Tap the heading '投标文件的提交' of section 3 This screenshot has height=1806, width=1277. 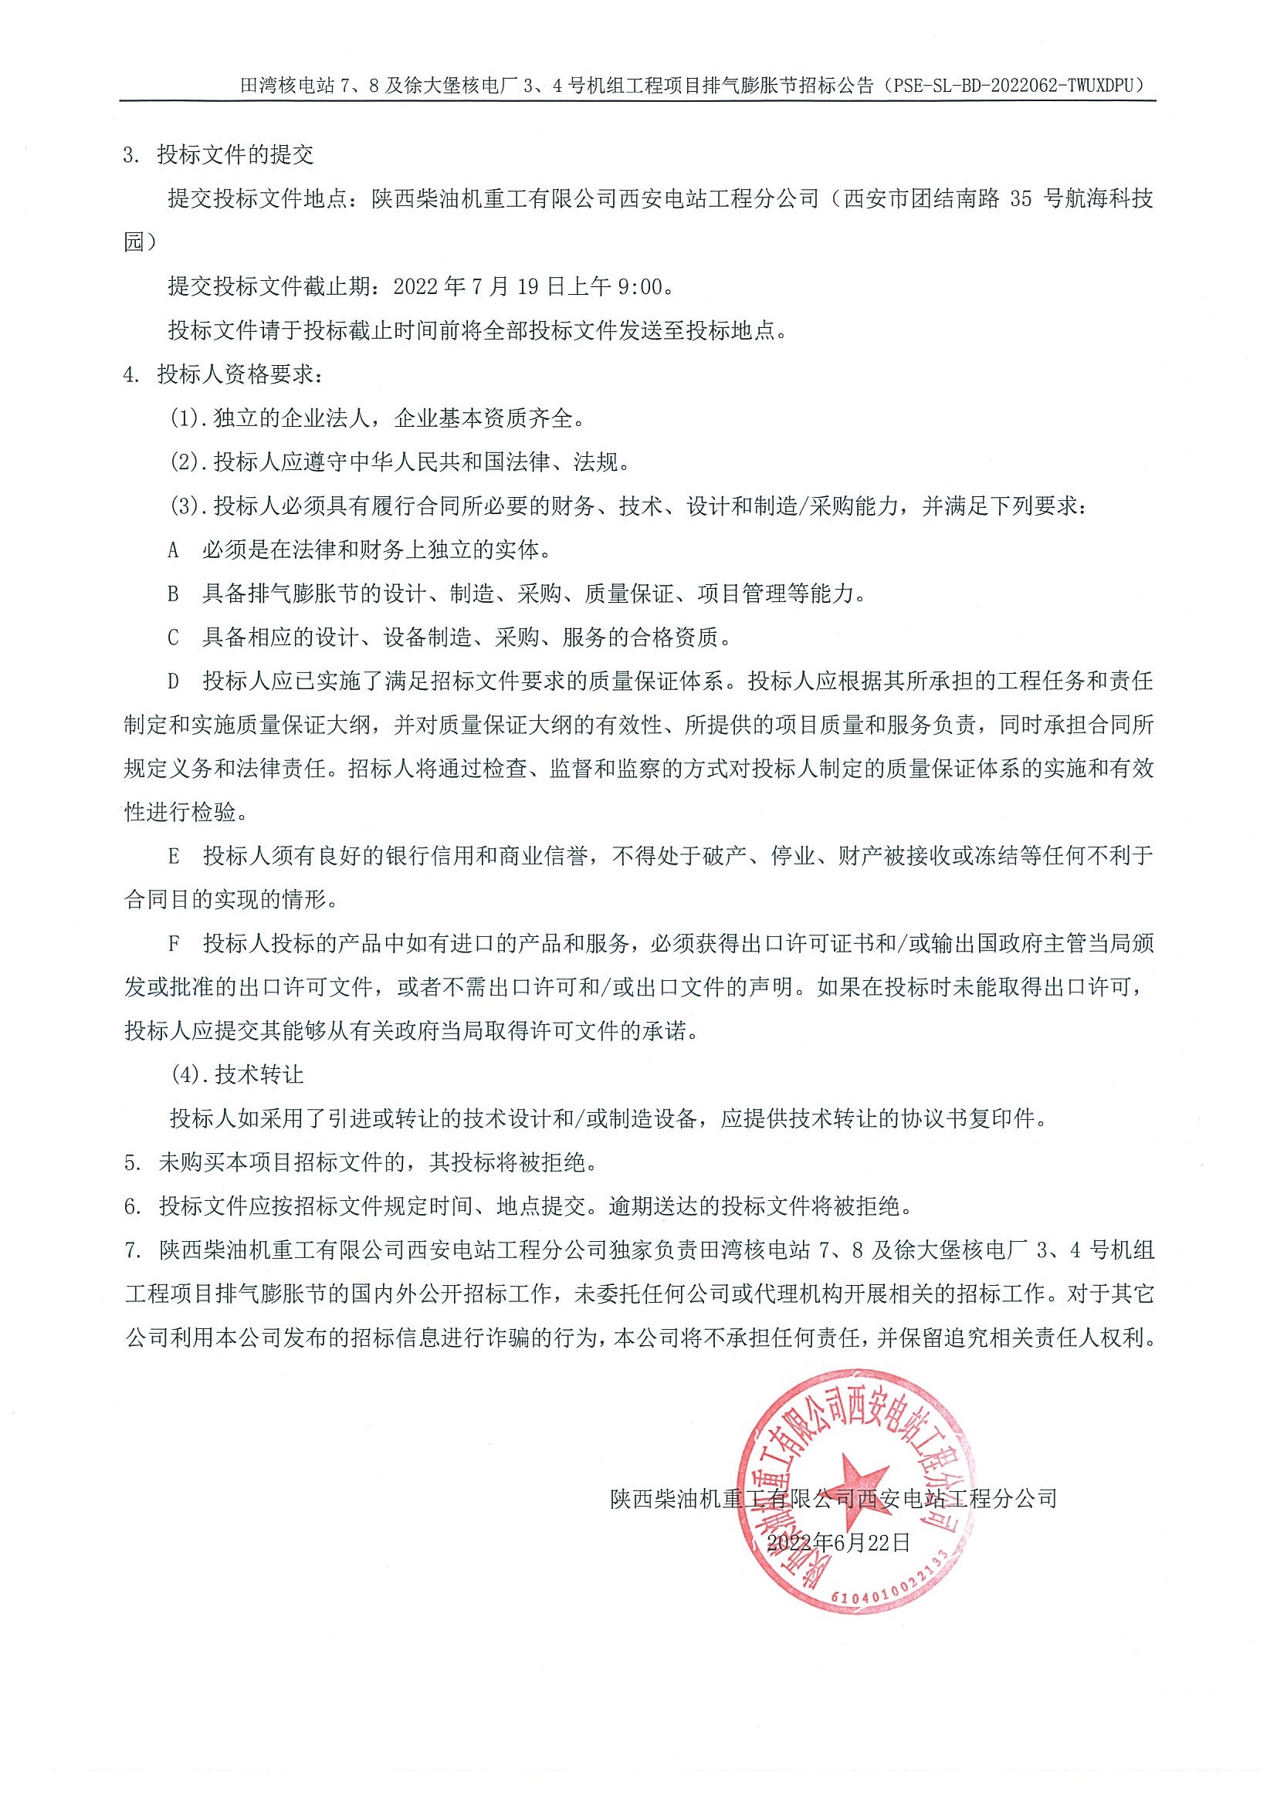click(235, 154)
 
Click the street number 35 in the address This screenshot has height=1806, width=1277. click(1020, 198)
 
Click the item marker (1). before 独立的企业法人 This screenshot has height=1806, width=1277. click(189, 418)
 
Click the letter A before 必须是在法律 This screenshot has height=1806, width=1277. click(174, 550)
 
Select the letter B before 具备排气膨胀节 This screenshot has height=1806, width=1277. click(174, 594)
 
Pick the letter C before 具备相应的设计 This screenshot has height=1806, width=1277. click(174, 638)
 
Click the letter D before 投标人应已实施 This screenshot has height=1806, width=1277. click(174, 681)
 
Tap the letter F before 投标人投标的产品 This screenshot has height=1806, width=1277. click(174, 944)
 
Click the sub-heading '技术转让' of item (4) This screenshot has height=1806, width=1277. click(259, 1074)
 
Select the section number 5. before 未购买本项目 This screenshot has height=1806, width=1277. click(132, 1162)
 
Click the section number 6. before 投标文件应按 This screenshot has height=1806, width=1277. click(132, 1206)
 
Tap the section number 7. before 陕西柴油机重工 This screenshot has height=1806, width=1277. click(132, 1250)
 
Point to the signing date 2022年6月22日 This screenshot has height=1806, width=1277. click(838, 1542)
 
